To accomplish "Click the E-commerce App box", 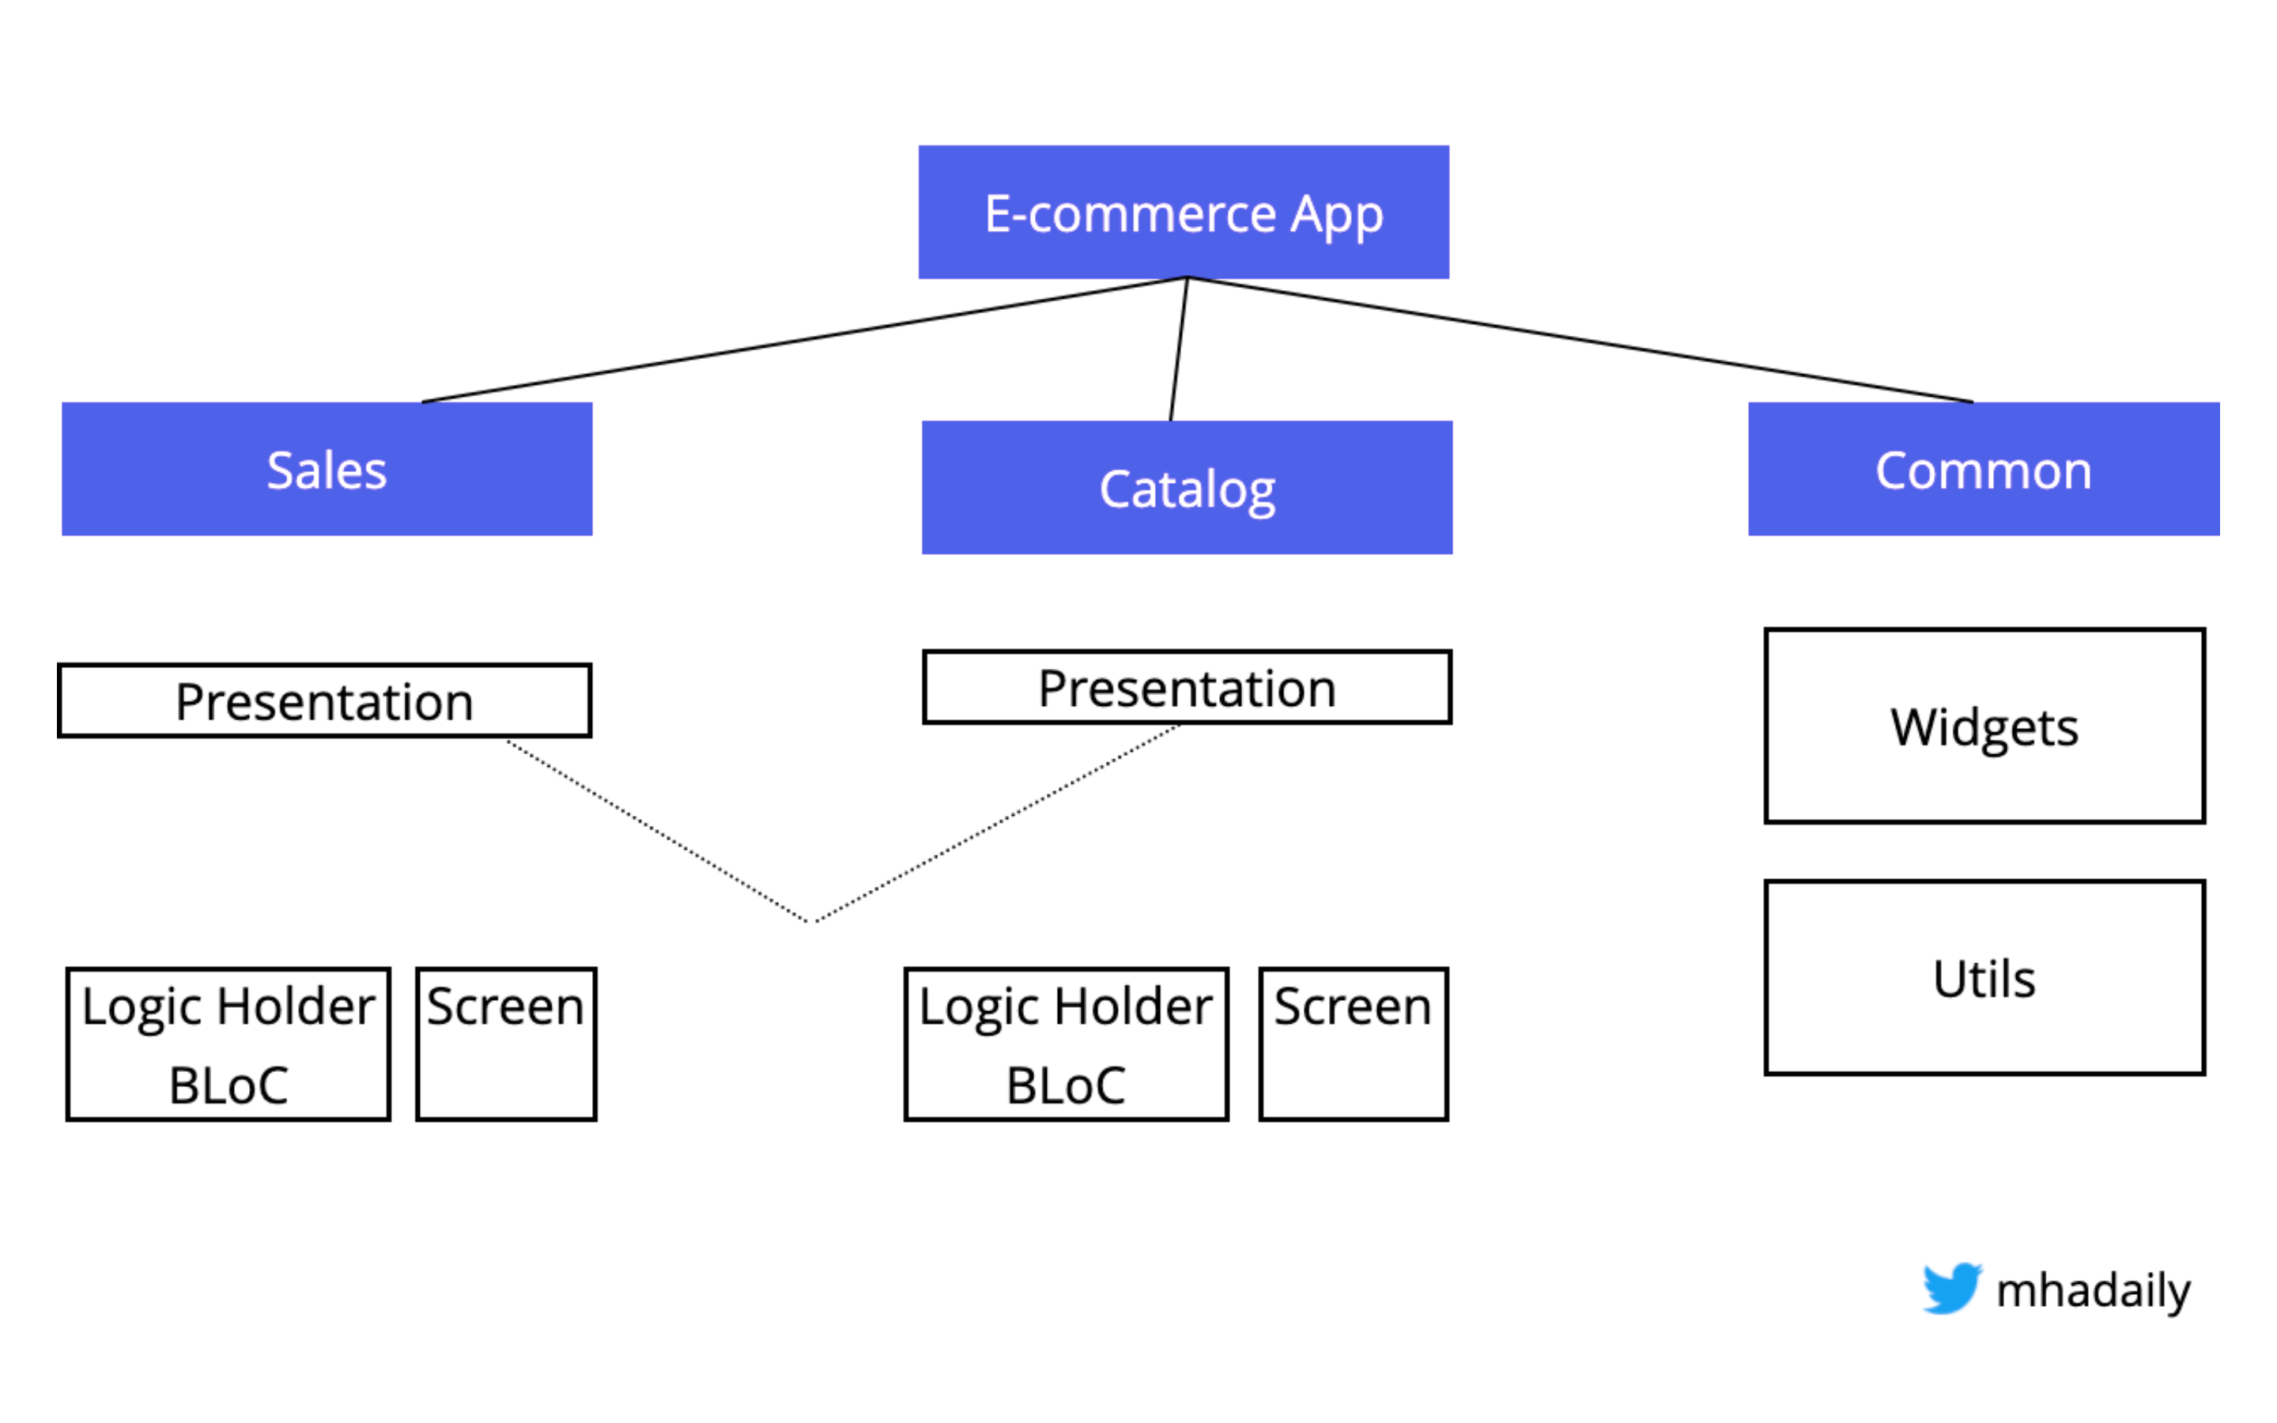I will coord(1183,212).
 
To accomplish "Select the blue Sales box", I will coord(327,469).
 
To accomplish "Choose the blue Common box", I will coord(1983,469).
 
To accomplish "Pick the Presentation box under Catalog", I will coord(1187,687).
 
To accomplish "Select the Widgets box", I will coord(1984,726).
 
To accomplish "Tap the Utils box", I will coord(1984,978).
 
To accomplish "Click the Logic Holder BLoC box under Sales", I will coord(228,1044).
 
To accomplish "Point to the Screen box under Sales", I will coord(505,1044).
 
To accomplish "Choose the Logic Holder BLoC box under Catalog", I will coord(1065,1044).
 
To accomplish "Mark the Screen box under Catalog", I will coord(1352,1044).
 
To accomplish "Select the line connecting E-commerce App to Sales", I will coord(805,340).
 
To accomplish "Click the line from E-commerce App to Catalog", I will coord(1179,348).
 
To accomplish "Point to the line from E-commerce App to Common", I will coord(1580,340).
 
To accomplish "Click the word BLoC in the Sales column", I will coord(228,1085).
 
